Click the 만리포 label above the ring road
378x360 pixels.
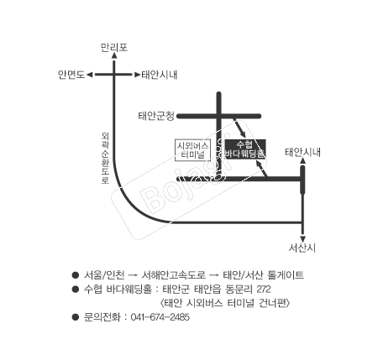click(114, 47)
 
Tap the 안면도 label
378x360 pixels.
click(71, 75)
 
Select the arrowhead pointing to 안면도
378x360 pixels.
click(90, 75)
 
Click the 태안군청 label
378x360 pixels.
click(156, 116)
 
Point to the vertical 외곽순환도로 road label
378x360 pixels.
click(105, 159)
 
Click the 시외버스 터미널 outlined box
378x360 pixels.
click(192, 150)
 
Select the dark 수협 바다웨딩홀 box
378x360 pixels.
click(245, 149)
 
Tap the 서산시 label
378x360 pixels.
click(302, 248)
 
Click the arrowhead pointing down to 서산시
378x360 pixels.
click(302, 239)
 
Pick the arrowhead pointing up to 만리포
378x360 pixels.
click(114, 55)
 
